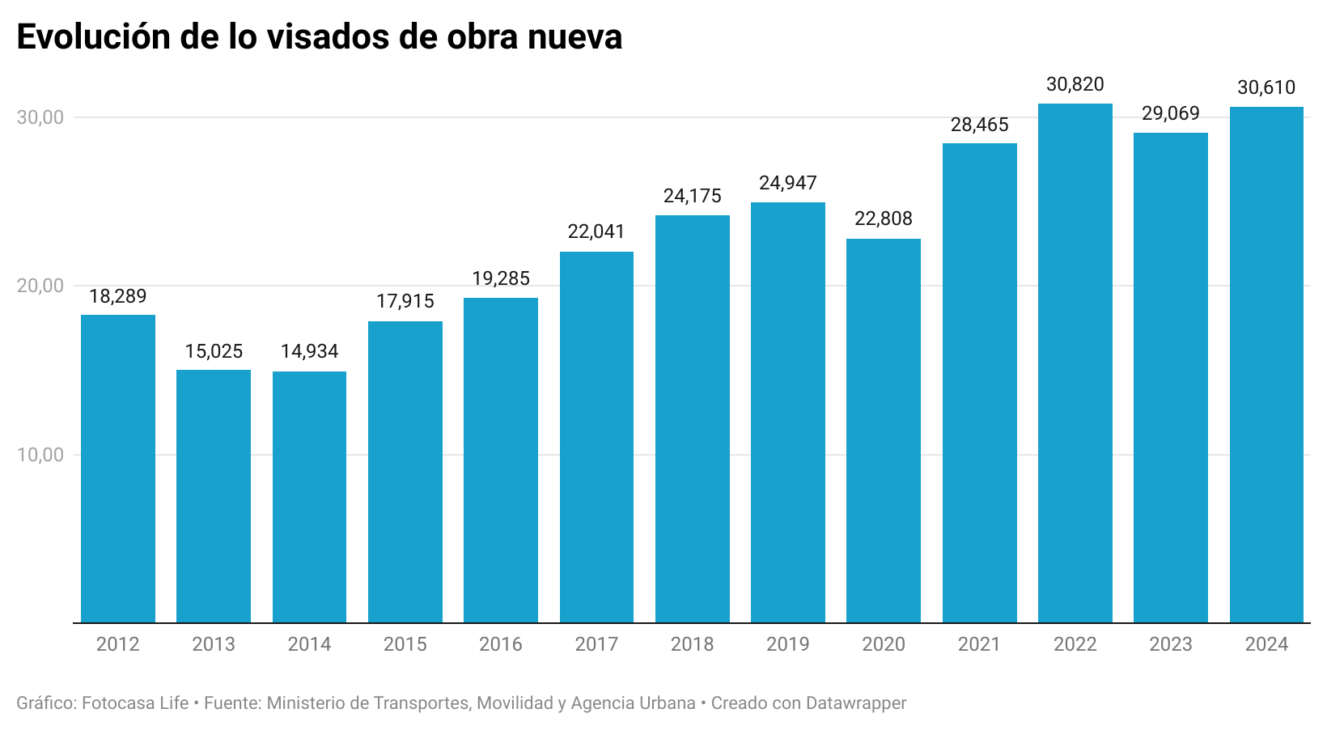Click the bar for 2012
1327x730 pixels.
(118, 469)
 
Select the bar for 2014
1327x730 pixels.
(309, 497)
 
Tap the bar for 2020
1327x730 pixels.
(884, 431)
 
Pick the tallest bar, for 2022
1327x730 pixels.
(1075, 363)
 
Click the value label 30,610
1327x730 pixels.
(1266, 87)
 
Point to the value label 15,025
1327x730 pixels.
(214, 351)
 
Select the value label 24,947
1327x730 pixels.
(787, 183)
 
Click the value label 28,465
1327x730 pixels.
(979, 125)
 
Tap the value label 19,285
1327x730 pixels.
(500, 278)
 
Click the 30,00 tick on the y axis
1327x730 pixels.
(40, 117)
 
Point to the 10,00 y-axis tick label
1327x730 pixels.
(40, 455)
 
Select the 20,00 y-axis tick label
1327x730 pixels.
(40, 286)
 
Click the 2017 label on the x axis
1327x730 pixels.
(596, 644)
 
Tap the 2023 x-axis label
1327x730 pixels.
(1170, 644)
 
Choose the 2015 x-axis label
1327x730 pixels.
(405, 644)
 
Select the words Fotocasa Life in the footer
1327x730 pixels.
(135, 702)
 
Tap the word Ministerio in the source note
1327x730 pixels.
(305, 702)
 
